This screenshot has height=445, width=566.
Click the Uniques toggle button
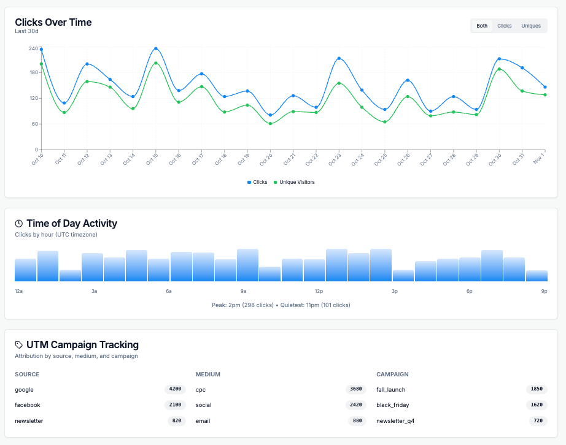pos(530,26)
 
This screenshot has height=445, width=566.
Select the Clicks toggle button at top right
pos(504,26)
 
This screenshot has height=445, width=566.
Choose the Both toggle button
pos(482,26)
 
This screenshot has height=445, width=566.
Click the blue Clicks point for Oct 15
pos(156,48)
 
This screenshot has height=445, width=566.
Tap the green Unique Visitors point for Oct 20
pos(270,124)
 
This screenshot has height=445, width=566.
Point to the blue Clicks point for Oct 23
pos(339,58)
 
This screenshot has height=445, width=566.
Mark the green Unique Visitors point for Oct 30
pos(499,69)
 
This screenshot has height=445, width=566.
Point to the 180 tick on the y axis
pos(33,72)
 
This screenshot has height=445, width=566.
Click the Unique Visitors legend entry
pos(294,182)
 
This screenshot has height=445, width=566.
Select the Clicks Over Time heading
pos(53,22)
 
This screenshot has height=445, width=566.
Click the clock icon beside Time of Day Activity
pos(19,224)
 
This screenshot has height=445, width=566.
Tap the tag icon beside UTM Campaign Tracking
pos(19,345)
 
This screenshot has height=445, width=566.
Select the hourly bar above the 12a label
pos(26,270)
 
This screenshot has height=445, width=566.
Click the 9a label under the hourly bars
pos(244,291)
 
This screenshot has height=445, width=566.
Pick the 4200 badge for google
pos(175,389)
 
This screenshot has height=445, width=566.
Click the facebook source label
pos(28,405)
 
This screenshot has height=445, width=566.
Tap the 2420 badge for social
pos(356,405)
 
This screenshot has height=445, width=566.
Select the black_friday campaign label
pos(392,405)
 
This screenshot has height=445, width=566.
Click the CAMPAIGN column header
pos(392,374)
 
